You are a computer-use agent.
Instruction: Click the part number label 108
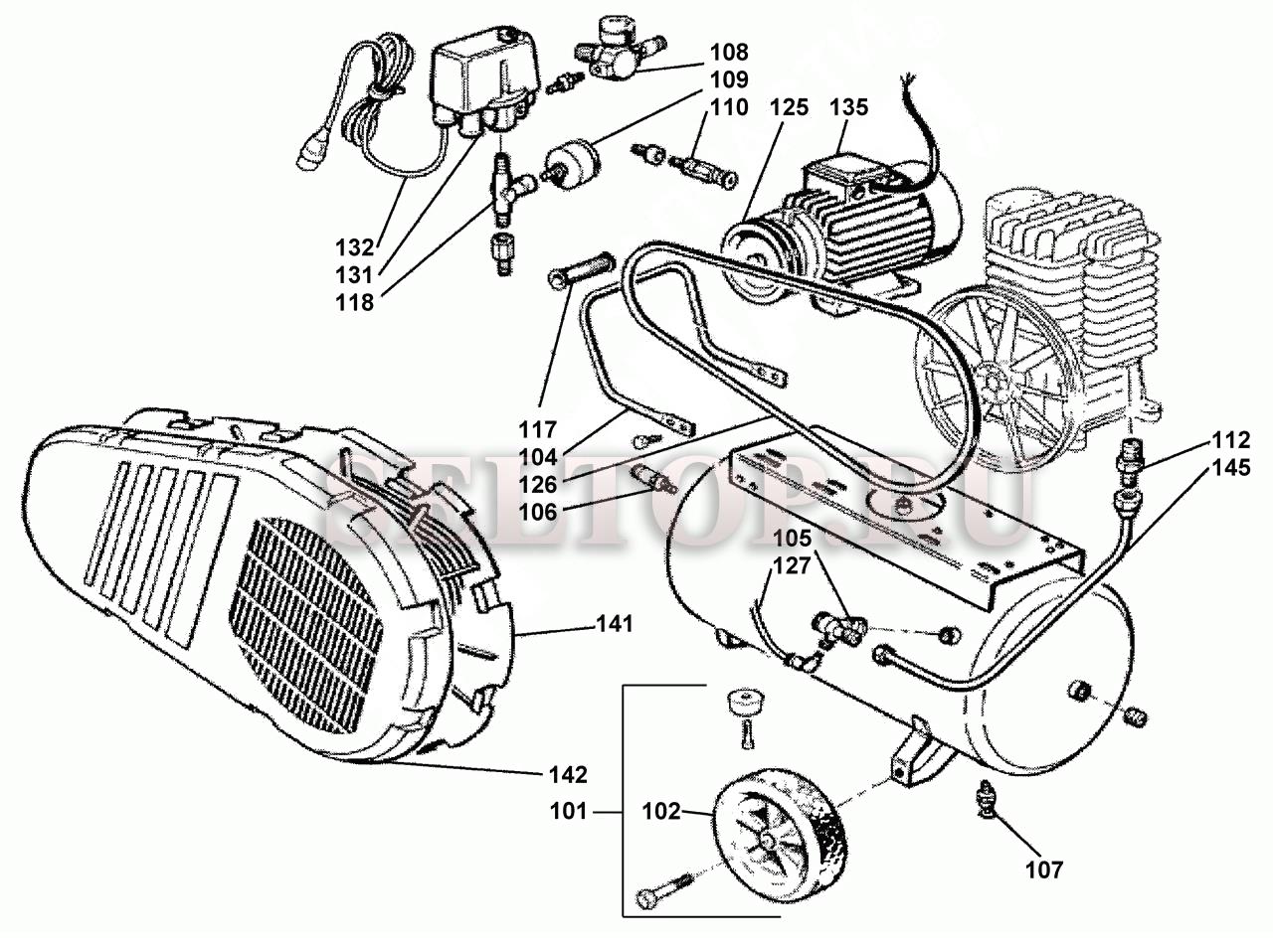click(x=729, y=51)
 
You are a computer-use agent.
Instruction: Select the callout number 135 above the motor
click(x=848, y=107)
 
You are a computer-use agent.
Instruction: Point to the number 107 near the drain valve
click(x=1044, y=869)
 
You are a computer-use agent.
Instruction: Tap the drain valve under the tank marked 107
click(x=988, y=800)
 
